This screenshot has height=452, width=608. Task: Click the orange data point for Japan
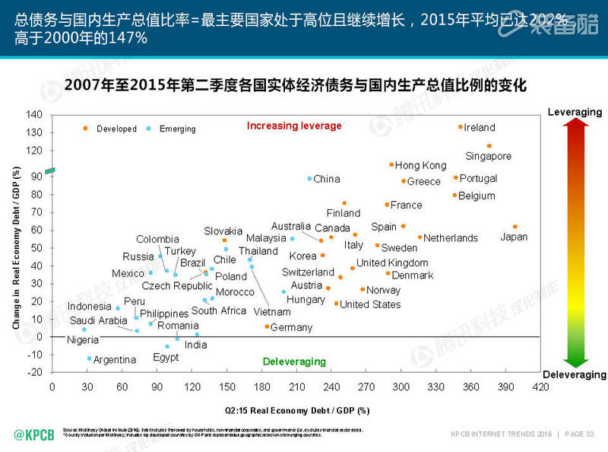pyautogui.click(x=515, y=227)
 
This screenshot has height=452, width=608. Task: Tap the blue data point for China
pyautogui.click(x=309, y=178)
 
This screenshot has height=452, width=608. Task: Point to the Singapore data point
pyautogui.click(x=489, y=145)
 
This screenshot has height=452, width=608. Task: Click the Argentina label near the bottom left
pyautogui.click(x=114, y=359)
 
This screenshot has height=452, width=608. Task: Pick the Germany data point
pyautogui.click(x=266, y=326)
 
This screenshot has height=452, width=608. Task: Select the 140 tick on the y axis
pyautogui.click(x=34, y=115)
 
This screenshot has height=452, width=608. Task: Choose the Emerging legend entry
pyautogui.click(x=177, y=129)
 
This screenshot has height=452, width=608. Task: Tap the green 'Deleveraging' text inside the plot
pyautogui.click(x=294, y=361)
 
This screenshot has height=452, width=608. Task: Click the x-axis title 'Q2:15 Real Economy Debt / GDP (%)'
pyautogui.click(x=296, y=410)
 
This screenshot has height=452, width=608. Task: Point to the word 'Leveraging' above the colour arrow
pyautogui.click(x=575, y=112)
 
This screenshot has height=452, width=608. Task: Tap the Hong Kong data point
pyautogui.click(x=391, y=164)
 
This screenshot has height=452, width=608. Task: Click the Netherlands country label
pyautogui.click(x=451, y=237)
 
